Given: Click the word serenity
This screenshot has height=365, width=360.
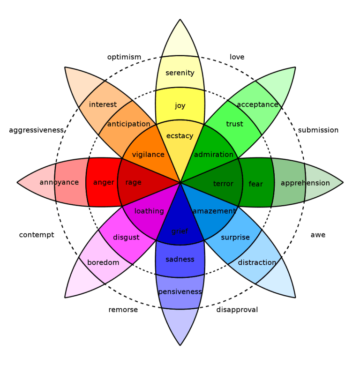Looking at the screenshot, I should (180, 73).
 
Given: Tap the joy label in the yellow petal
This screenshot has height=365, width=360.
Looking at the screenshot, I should (180, 105).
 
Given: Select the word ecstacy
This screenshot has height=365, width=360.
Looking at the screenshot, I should (180, 136).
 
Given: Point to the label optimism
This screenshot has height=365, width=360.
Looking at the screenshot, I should (124, 57).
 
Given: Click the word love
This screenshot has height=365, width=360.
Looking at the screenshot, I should (237, 57).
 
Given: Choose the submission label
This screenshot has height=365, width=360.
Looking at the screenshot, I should (318, 130).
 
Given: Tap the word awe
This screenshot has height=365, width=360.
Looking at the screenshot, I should (318, 235).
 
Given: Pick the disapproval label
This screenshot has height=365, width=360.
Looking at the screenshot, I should (237, 310).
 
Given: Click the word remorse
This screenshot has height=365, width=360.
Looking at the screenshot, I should (123, 310).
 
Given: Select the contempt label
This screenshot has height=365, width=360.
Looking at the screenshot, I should (37, 235).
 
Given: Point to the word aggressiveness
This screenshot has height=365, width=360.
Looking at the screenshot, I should (37, 130).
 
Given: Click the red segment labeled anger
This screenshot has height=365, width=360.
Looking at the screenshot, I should (104, 182).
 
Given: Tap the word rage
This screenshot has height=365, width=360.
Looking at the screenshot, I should (134, 182).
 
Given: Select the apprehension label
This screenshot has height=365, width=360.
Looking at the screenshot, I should (305, 183).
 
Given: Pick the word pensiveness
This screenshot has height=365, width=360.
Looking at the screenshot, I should (180, 291).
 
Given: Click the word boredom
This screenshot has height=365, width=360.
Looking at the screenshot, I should (103, 262).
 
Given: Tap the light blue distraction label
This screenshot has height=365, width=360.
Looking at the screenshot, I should (257, 262).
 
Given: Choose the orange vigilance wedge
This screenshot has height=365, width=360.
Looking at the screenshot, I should (148, 155).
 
